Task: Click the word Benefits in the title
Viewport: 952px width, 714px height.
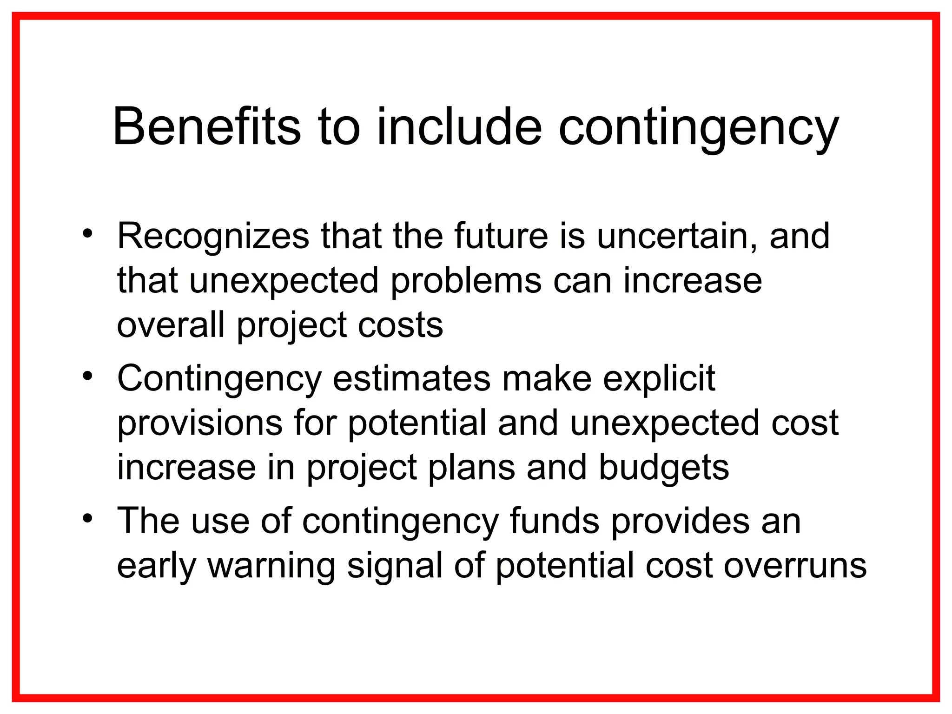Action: (x=207, y=127)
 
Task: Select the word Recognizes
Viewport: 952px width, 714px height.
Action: (x=213, y=236)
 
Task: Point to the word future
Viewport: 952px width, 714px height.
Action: (x=501, y=236)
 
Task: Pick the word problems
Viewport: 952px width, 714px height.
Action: (x=466, y=281)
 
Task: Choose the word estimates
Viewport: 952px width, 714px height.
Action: (x=411, y=378)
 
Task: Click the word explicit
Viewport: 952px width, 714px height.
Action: (x=659, y=378)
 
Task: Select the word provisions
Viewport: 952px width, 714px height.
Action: (x=199, y=423)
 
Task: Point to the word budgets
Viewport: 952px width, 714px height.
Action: (x=663, y=467)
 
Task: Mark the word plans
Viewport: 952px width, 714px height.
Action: (x=471, y=467)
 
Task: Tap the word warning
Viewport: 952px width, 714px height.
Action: (x=271, y=566)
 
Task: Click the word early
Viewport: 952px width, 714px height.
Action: (x=156, y=566)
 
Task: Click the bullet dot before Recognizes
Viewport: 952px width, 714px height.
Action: (x=88, y=233)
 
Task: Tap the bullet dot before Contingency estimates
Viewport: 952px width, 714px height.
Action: (x=88, y=376)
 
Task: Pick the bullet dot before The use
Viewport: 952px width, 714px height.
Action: (x=88, y=518)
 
